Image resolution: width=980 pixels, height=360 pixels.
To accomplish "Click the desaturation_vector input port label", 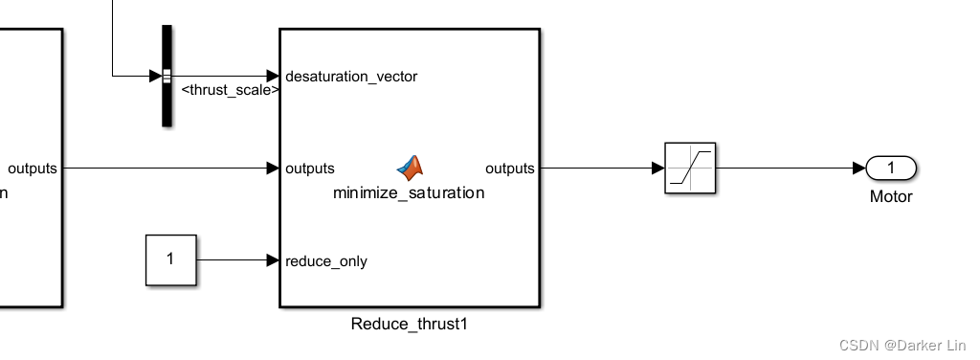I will [x=351, y=77].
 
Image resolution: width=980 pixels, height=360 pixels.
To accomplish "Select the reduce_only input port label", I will [x=325, y=260].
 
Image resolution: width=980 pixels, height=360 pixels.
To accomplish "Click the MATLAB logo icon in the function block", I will [x=411, y=168].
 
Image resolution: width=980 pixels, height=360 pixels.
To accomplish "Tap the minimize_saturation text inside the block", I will [x=409, y=192].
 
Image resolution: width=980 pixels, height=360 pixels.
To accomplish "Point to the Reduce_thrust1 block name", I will [x=409, y=325].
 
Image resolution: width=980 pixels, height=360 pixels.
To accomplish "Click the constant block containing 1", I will [x=170, y=259].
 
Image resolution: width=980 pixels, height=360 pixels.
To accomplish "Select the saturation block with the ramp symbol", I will [x=690, y=169].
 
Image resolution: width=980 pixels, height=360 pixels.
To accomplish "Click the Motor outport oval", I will [x=891, y=169].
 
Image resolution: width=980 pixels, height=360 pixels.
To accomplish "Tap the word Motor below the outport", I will [x=891, y=197].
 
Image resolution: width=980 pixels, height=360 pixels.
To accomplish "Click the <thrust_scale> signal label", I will [x=231, y=90].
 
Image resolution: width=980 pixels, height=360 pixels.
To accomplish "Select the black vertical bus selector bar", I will [x=167, y=76].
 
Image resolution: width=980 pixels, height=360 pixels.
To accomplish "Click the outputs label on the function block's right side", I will [x=510, y=169].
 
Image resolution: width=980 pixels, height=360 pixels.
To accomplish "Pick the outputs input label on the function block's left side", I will [x=310, y=169].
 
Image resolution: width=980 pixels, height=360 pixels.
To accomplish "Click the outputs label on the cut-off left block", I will [x=33, y=169].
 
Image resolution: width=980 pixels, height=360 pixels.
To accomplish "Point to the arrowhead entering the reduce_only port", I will [x=273, y=260].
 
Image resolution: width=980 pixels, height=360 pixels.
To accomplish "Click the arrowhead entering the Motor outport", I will [x=859, y=169].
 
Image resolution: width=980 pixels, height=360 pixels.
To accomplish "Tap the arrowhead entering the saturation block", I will [x=658, y=169].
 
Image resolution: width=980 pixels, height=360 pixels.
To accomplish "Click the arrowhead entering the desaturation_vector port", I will [x=273, y=76].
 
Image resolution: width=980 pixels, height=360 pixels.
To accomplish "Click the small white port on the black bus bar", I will [x=167, y=76].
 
